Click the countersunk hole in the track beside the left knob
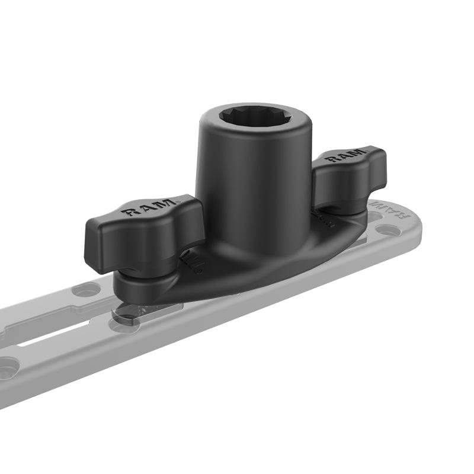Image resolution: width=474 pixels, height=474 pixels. tap(87, 291)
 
